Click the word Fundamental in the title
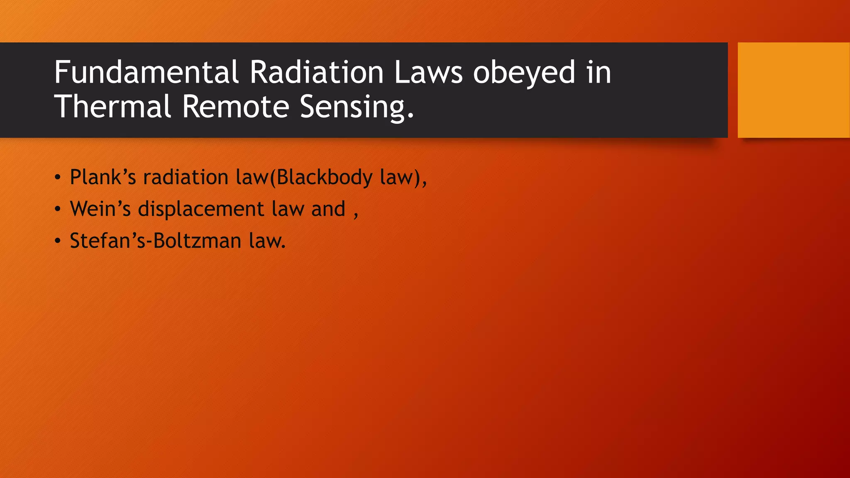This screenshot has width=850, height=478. coord(146,72)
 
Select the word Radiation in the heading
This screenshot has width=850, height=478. coord(316,72)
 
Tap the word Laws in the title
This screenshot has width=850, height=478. coord(428,72)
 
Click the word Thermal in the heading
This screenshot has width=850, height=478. coord(112,106)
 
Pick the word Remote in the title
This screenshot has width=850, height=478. coord(235,106)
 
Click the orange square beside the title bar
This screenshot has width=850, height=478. coord(793,90)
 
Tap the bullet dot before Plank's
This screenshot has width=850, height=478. coord(58,178)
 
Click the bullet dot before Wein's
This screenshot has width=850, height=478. coord(58,209)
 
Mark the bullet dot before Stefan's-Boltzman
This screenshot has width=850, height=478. coord(58,241)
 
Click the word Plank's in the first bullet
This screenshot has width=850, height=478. coord(103,177)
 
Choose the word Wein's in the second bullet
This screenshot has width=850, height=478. coord(100,209)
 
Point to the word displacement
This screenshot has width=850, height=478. coord(201,209)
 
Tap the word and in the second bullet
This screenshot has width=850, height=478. coord(328,209)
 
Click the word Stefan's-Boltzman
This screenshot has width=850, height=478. coord(155,241)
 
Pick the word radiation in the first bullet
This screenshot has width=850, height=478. coord(186,177)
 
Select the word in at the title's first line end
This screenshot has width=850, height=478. coord(598,72)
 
